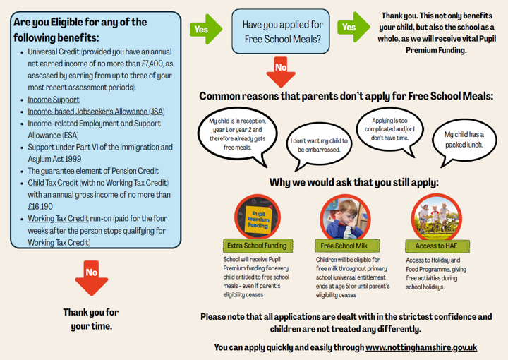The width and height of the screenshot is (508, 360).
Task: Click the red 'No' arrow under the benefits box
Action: [x=91, y=276]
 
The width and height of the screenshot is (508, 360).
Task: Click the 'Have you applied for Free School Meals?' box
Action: [x=282, y=32]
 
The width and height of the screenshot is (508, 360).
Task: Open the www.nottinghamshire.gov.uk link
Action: [x=421, y=347]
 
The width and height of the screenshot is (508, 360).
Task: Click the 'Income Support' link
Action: [x=54, y=100]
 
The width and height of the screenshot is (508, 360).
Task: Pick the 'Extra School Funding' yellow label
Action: [x=257, y=246]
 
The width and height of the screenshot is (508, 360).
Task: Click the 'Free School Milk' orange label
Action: [x=344, y=246]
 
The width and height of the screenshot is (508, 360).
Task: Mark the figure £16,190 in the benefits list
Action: [x=40, y=206]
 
